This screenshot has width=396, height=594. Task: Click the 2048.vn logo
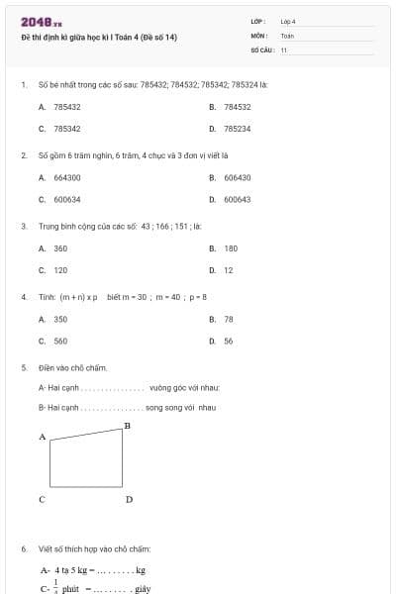41,22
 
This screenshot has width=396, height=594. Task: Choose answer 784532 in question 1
237,106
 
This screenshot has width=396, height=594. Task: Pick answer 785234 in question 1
237,129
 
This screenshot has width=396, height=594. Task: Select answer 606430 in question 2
237,177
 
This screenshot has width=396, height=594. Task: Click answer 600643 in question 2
237,199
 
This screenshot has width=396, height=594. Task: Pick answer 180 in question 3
231,248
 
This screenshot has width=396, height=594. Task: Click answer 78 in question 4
229,319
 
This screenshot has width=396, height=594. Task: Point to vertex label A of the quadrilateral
43,436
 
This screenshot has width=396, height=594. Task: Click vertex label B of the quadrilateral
127,425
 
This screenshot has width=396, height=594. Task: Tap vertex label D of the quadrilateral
129,500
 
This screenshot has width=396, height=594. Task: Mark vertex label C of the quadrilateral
43,500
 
